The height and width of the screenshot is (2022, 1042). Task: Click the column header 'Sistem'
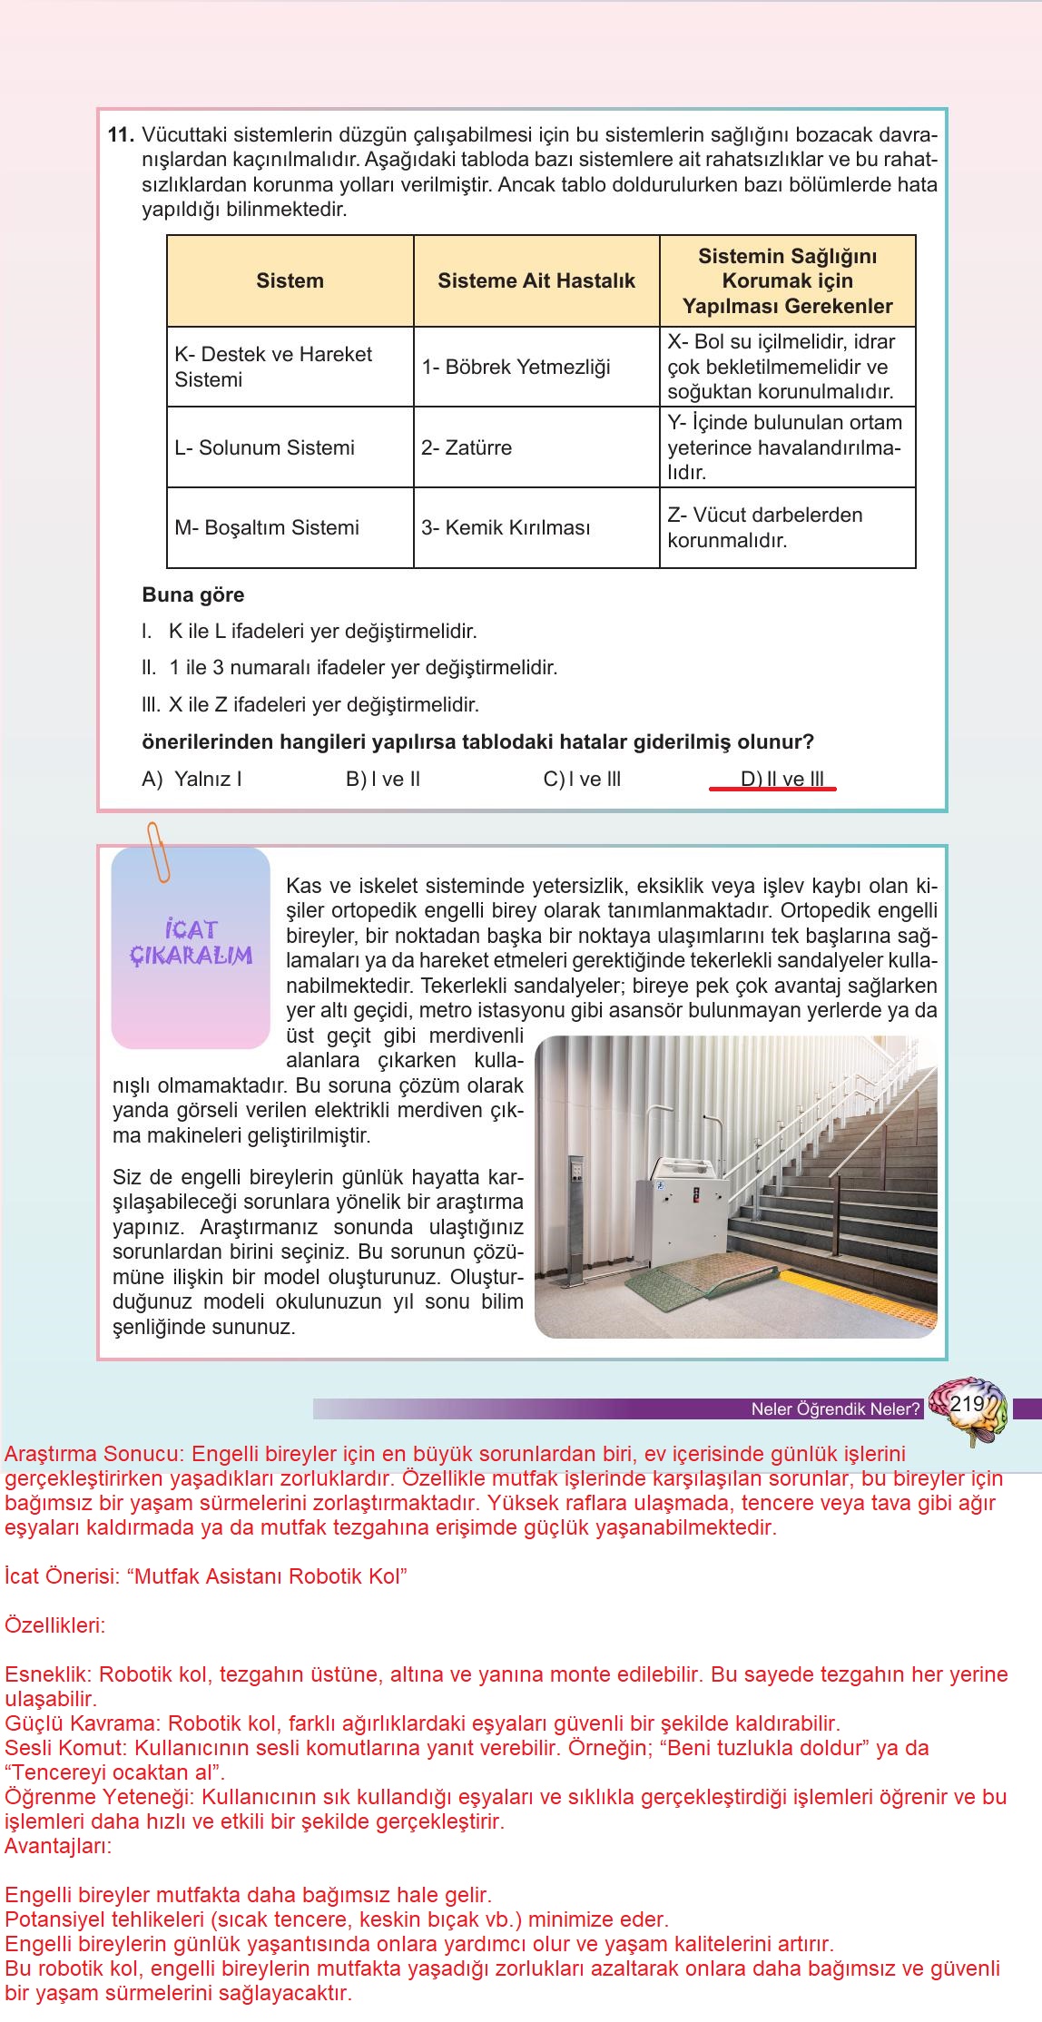click(290, 281)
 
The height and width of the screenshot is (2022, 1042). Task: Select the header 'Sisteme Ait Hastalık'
click(536, 281)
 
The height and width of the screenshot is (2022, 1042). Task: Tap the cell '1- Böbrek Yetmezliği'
click(515, 368)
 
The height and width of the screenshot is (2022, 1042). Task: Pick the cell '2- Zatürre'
click(466, 448)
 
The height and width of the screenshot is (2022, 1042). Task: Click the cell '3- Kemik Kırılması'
click(505, 528)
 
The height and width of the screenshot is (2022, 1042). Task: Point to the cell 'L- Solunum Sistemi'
click(264, 448)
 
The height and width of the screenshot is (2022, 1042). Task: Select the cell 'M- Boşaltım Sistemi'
click(266, 528)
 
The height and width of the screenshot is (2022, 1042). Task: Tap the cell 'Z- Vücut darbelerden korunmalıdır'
click(764, 528)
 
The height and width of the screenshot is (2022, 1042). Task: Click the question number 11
click(120, 136)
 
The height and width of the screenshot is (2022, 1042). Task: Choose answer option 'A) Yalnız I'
click(192, 780)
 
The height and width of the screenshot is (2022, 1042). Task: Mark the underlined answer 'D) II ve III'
click(781, 780)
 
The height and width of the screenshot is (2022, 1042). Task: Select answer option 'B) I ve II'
click(382, 780)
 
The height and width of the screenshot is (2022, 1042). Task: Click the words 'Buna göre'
click(192, 595)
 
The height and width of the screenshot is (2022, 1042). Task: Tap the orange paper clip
click(159, 852)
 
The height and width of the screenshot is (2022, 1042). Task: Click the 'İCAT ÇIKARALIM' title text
click(191, 943)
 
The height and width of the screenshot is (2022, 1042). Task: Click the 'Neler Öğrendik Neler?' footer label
click(835, 1409)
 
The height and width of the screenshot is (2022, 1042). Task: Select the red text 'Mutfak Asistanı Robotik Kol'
click(270, 1576)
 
